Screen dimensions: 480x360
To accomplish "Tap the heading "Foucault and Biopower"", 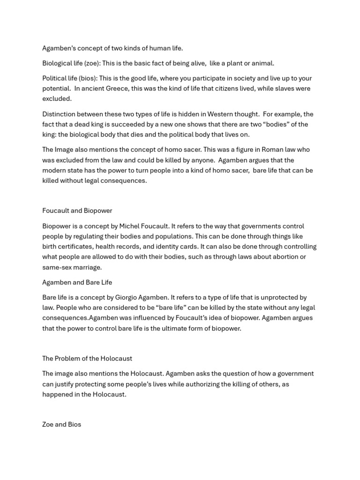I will pyautogui.click(x=77, y=210).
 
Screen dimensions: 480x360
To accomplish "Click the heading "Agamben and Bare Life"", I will pyautogui.click(x=77, y=282).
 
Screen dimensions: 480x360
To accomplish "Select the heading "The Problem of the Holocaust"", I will pyautogui.click(x=87, y=359).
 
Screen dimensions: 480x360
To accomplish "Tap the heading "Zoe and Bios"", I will pyautogui.click(x=62, y=425).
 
